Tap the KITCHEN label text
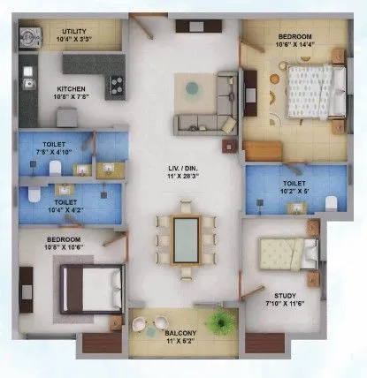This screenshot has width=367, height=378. coord(72,89)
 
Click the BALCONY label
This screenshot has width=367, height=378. coord(184,333)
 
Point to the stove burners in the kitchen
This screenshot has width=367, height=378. coord(115,85)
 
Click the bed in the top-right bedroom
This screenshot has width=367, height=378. coord(309,90)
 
